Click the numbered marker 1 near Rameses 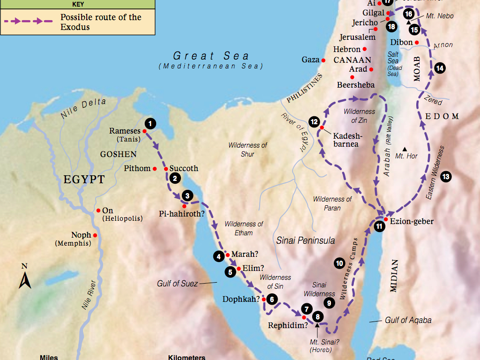[150, 124]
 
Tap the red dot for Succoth [165, 168]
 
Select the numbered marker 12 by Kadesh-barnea [314, 121]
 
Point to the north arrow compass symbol [25, 279]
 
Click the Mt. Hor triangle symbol [405, 149]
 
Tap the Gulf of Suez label [178, 284]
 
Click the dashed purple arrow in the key [30, 22]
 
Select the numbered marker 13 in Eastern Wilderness [445, 177]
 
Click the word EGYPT [84, 180]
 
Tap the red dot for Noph [95, 235]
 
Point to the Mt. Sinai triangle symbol [317, 324]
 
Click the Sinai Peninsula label [306, 240]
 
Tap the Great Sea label [211, 56]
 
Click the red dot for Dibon [416, 42]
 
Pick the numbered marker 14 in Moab [439, 68]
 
